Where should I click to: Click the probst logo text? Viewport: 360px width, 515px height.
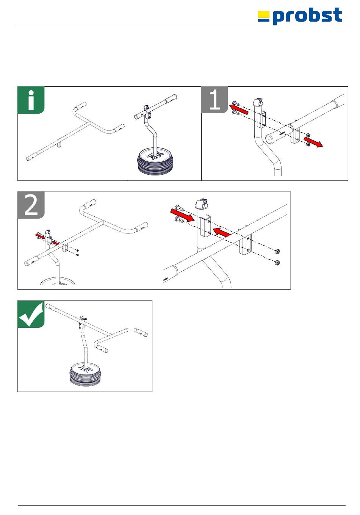pos(307,16)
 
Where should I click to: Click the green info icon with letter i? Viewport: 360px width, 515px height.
pos(31,100)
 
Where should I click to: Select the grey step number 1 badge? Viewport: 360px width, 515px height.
pos(214,100)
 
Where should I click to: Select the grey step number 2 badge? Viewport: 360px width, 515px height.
pos(31,205)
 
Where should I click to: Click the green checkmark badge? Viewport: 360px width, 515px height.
pos(31,314)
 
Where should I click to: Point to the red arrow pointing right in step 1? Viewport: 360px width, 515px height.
pos(313,142)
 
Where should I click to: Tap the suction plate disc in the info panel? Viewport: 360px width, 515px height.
pos(155,161)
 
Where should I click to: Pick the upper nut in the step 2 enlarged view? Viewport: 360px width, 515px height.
pos(276,251)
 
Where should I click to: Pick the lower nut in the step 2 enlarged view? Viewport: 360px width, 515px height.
pos(276,262)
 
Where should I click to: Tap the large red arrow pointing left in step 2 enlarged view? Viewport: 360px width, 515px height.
pos(222,232)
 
